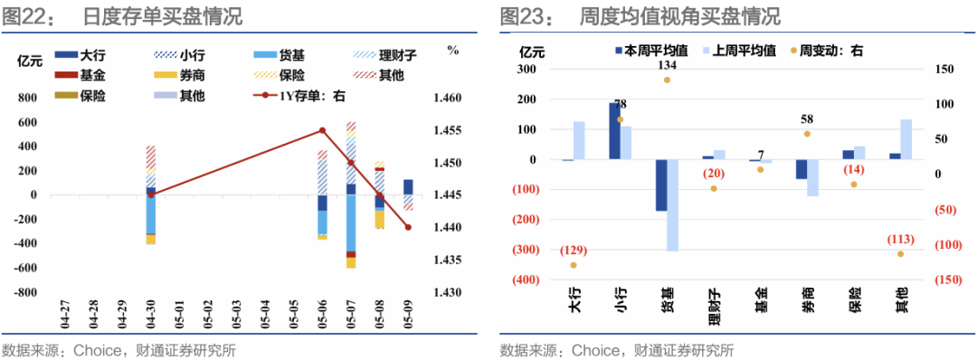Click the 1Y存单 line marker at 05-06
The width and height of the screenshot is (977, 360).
(x=322, y=130)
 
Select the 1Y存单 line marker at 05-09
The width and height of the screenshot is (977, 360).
(x=408, y=227)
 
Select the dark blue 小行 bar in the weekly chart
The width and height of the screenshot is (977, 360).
(x=614, y=131)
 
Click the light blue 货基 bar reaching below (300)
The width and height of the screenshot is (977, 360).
(x=672, y=205)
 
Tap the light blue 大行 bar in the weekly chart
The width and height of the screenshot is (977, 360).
(x=579, y=141)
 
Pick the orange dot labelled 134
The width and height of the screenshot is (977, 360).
(x=667, y=80)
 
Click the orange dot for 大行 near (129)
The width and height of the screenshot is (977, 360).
(x=574, y=265)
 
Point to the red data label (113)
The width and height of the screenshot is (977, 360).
(x=900, y=240)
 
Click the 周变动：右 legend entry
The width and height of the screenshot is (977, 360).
(x=827, y=51)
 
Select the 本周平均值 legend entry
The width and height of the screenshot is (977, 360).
(x=651, y=51)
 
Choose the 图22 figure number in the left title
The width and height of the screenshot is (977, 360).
(x=26, y=17)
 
